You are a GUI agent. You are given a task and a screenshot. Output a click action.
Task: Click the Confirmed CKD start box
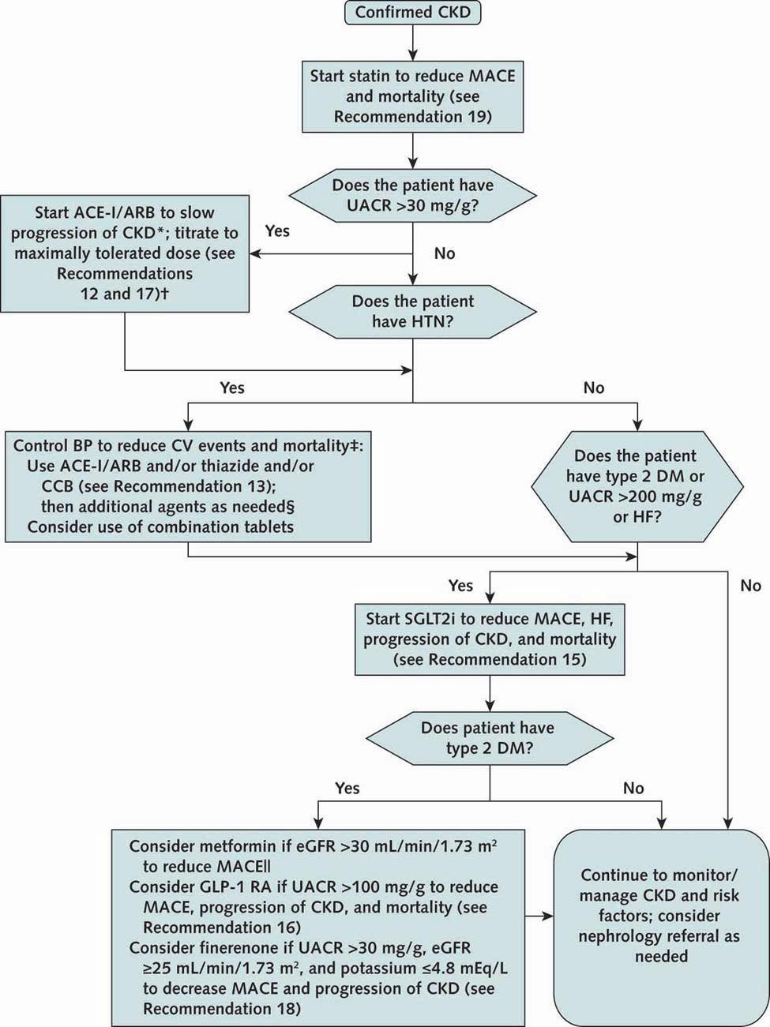point(413,13)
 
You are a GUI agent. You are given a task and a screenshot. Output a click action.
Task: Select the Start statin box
point(413,96)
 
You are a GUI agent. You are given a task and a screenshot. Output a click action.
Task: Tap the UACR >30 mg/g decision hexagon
point(413,196)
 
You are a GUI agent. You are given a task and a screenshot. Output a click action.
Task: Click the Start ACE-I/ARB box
point(125,253)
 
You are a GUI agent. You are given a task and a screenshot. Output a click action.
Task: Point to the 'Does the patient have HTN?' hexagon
point(413,312)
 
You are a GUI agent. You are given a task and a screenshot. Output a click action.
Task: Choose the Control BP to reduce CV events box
point(188,486)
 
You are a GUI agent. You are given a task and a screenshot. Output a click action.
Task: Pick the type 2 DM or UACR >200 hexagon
point(637,486)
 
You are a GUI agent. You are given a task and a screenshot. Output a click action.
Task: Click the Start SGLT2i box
point(490,639)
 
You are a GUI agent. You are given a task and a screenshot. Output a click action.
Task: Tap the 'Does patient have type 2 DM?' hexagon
point(490,738)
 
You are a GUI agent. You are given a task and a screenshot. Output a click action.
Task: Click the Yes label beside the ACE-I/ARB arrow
point(277,231)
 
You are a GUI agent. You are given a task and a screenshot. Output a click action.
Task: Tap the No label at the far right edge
point(751,586)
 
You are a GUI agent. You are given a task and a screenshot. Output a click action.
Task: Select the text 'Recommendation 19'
point(413,117)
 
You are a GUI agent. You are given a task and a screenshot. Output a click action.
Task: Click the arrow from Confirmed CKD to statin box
point(413,43)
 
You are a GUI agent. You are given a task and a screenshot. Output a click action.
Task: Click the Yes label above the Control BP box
point(232,388)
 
